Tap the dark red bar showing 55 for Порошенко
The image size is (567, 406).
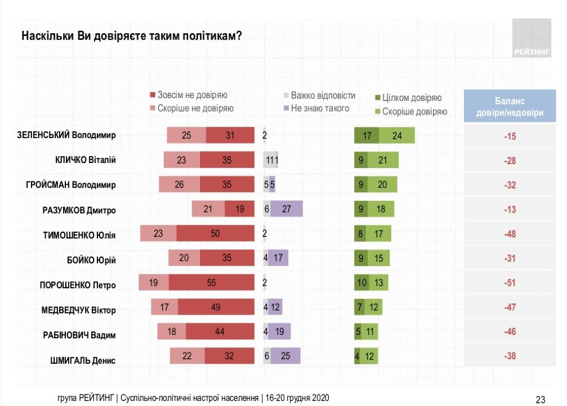[211, 283]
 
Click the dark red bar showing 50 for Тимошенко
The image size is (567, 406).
[215, 233]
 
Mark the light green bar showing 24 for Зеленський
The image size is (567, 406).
[397, 135]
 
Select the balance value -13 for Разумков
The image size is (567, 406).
[510, 210]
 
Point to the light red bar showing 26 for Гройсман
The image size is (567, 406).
[180, 184]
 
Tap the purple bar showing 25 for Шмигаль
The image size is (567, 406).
[285, 356]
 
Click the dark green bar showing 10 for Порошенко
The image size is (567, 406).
[361, 283]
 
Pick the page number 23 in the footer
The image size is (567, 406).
[540, 399]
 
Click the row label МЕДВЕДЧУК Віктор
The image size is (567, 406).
[78, 310]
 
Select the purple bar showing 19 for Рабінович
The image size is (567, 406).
[280, 332]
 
